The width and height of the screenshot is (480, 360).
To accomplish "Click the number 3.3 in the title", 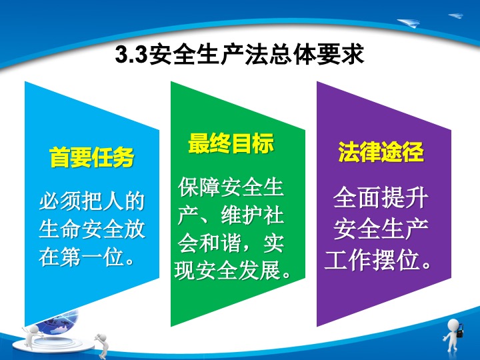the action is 131,55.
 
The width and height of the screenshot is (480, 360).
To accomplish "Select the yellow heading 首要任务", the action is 91,157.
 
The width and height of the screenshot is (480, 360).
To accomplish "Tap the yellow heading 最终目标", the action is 231,143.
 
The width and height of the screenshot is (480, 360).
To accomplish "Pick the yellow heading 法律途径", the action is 381,151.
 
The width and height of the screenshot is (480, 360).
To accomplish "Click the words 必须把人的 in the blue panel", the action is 91,201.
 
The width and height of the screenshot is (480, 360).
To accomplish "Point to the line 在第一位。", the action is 87,257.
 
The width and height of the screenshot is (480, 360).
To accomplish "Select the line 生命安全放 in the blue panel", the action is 91,229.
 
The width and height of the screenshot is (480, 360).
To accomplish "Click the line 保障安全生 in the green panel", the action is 231,187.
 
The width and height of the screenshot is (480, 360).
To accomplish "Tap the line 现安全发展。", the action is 233,270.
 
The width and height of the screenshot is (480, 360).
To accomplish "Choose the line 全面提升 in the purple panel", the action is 381,197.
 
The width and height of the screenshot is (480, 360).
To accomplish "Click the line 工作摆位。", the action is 378,261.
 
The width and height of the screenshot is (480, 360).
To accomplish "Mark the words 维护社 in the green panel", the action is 252,215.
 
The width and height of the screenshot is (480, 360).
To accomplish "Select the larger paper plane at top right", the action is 409,23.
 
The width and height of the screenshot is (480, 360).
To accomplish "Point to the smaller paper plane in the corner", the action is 456,15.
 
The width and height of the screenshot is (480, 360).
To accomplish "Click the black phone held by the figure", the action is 460,331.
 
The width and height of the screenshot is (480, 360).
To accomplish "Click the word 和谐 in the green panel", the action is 220,243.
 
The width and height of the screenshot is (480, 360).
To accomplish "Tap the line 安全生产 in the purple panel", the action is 381,229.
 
